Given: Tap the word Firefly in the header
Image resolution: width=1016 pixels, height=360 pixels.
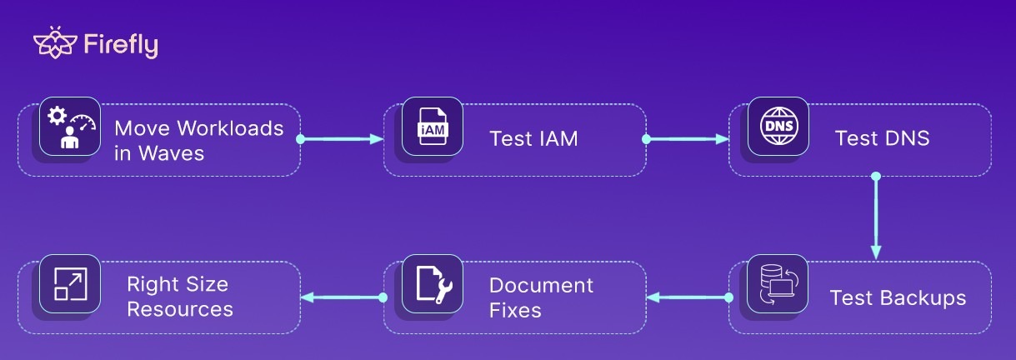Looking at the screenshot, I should pyautogui.click(x=121, y=45).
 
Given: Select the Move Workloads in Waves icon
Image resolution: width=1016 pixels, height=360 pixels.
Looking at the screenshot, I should pyautogui.click(x=70, y=126).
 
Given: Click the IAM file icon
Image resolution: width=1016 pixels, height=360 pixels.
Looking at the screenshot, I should pyautogui.click(x=432, y=126).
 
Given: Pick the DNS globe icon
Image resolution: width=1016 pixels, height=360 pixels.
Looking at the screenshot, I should pyautogui.click(x=778, y=126).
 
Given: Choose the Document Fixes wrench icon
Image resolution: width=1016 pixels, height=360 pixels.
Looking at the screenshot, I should pyautogui.click(x=432, y=283).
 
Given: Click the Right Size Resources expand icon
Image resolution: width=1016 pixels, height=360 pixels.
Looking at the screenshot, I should pyautogui.click(x=70, y=283).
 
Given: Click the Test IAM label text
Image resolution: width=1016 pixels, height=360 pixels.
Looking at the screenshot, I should pyautogui.click(x=533, y=138).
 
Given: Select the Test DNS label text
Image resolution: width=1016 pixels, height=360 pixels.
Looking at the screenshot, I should pyautogui.click(x=882, y=138).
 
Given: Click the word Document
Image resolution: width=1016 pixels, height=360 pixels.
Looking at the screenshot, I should pyautogui.click(x=541, y=285).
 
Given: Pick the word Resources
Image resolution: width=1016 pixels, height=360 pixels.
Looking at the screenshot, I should pyautogui.click(x=179, y=309).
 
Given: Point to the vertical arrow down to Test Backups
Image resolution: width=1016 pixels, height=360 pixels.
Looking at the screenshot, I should pyautogui.click(x=876, y=217).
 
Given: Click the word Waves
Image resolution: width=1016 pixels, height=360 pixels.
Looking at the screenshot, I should pyautogui.click(x=170, y=153).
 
